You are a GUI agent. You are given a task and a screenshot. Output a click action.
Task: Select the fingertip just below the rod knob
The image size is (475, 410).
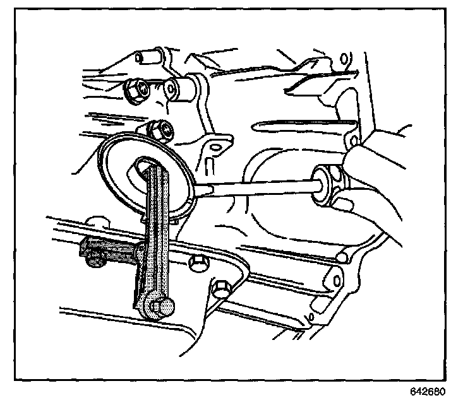tap(341, 203)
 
